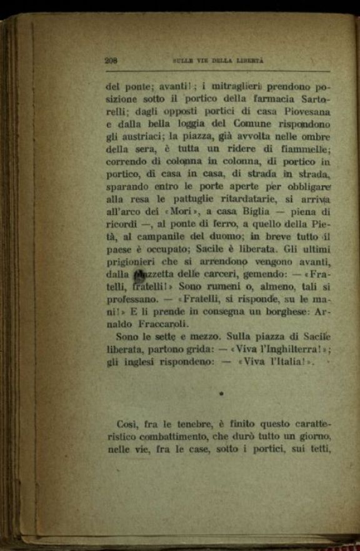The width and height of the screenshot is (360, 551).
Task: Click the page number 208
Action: point(112,61)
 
